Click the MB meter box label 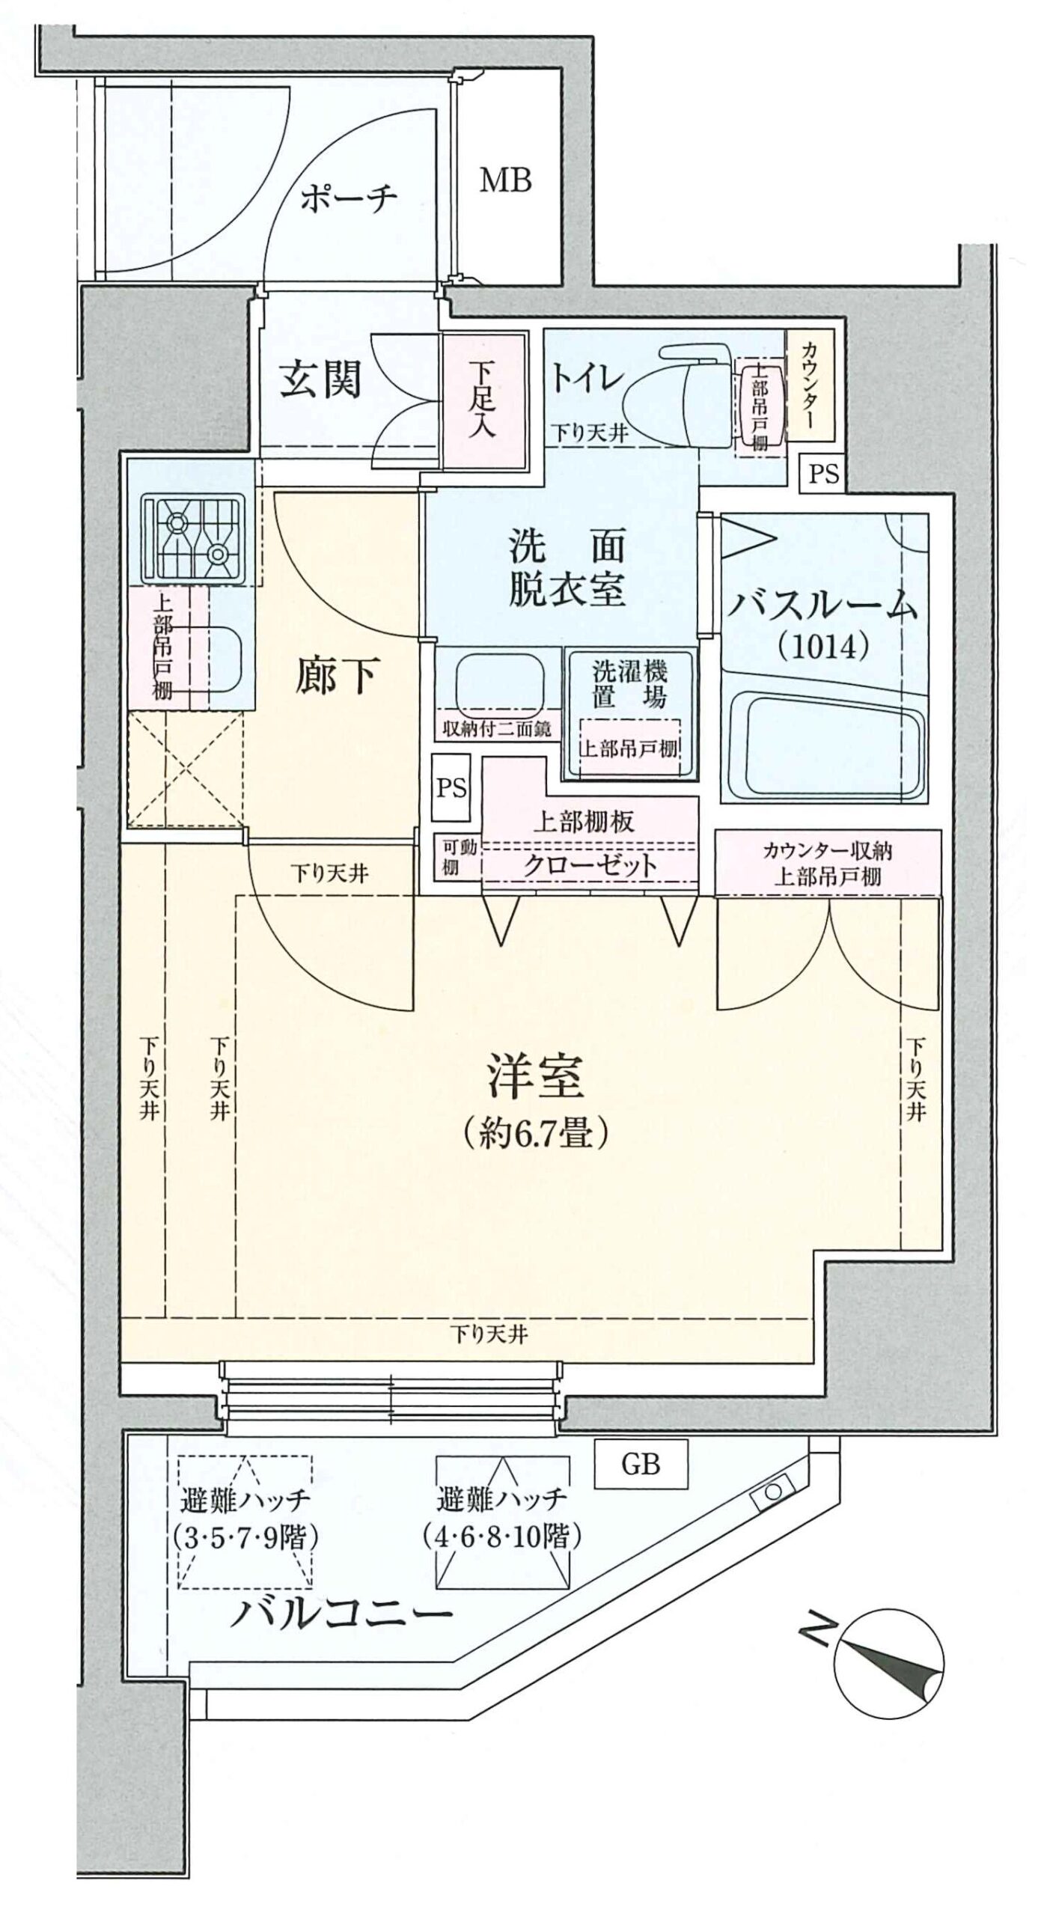(505, 180)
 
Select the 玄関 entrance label (320, 379)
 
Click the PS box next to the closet (452, 788)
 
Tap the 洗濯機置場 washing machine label (629, 683)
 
